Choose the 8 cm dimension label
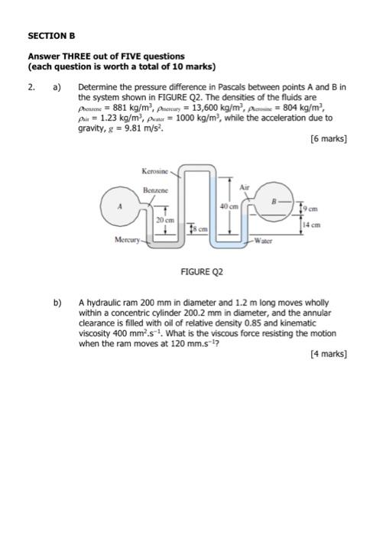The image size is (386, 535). coord(197,227)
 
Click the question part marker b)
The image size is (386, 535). coord(57,303)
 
